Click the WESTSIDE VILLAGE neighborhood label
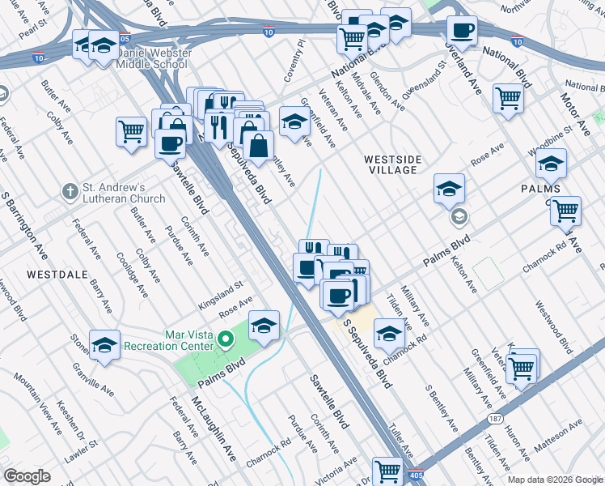390,164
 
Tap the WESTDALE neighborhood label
57,275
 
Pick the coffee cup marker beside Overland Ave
462,32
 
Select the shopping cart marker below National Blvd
508,99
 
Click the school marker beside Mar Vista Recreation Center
264,326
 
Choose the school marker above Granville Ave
104,346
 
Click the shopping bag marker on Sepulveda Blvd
257,146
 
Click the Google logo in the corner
27,476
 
